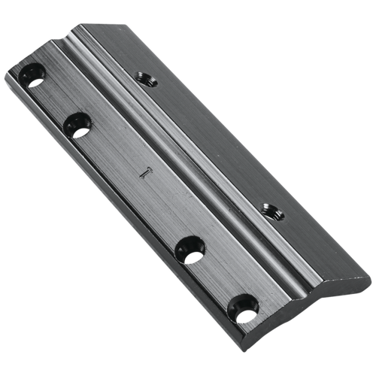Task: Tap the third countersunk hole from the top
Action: (x=190, y=247)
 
